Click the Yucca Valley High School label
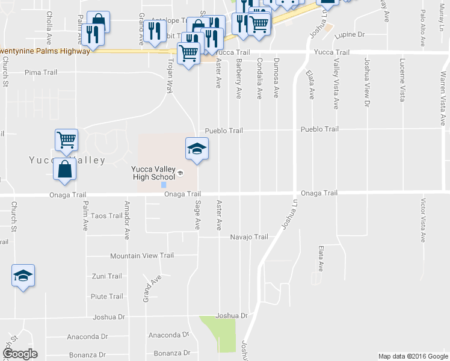click(x=153, y=172)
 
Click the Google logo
click(x=19, y=353)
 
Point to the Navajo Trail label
click(x=249, y=237)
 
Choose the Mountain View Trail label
click(x=142, y=256)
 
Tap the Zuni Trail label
click(x=106, y=276)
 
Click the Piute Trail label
click(x=106, y=297)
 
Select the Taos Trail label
click(x=106, y=215)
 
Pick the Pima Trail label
click(x=41, y=72)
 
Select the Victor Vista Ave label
click(x=424, y=220)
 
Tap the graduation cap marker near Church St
click(x=23, y=276)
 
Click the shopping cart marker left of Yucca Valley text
click(x=66, y=140)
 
